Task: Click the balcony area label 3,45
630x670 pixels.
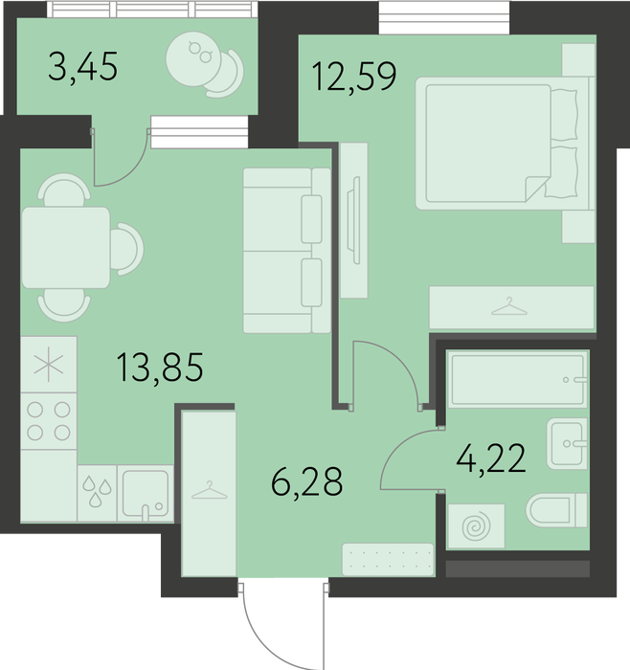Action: (x=82, y=67)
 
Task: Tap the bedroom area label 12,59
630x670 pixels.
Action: (x=354, y=77)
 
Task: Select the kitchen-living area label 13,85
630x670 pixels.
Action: (x=160, y=367)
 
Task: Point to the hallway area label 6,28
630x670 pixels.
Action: (x=307, y=480)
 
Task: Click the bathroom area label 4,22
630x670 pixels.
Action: (x=491, y=458)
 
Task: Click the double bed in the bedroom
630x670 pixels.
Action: (x=506, y=144)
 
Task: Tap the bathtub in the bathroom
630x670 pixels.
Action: (x=518, y=379)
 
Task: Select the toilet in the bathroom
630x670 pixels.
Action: (x=556, y=510)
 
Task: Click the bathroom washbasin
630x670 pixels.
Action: (x=567, y=443)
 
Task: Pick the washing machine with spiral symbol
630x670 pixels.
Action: (x=475, y=526)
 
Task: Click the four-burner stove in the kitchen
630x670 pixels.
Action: (x=49, y=421)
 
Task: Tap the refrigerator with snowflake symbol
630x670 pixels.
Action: (x=49, y=365)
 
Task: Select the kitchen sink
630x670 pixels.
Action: (x=146, y=494)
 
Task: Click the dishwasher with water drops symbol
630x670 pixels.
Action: (x=97, y=494)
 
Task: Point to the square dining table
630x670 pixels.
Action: (x=66, y=248)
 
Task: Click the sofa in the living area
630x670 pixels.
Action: (x=287, y=251)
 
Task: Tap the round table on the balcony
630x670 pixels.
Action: (x=193, y=59)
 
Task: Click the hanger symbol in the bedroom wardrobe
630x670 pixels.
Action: (x=509, y=306)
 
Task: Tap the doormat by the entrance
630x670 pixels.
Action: (x=388, y=559)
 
